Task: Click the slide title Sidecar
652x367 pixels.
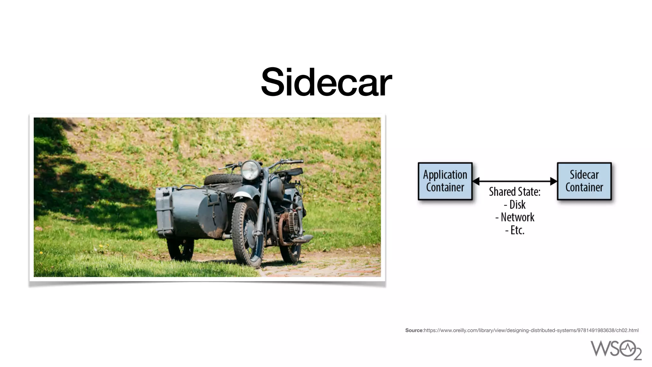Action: click(326, 82)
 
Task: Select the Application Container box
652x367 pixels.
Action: click(445, 181)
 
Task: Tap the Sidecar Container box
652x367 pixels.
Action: click(584, 181)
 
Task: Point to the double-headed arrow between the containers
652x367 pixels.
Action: click(515, 181)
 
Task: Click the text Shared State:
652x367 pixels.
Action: click(514, 192)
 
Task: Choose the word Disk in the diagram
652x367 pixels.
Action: click(517, 205)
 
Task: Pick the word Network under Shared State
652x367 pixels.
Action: click(517, 217)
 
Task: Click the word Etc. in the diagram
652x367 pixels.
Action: click(517, 230)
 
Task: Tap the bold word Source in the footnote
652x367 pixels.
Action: click(414, 330)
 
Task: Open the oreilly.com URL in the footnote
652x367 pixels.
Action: click(531, 330)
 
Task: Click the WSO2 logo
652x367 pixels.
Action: click(616, 349)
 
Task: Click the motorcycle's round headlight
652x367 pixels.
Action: click(251, 170)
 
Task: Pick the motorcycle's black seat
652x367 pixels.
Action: click(291, 172)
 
